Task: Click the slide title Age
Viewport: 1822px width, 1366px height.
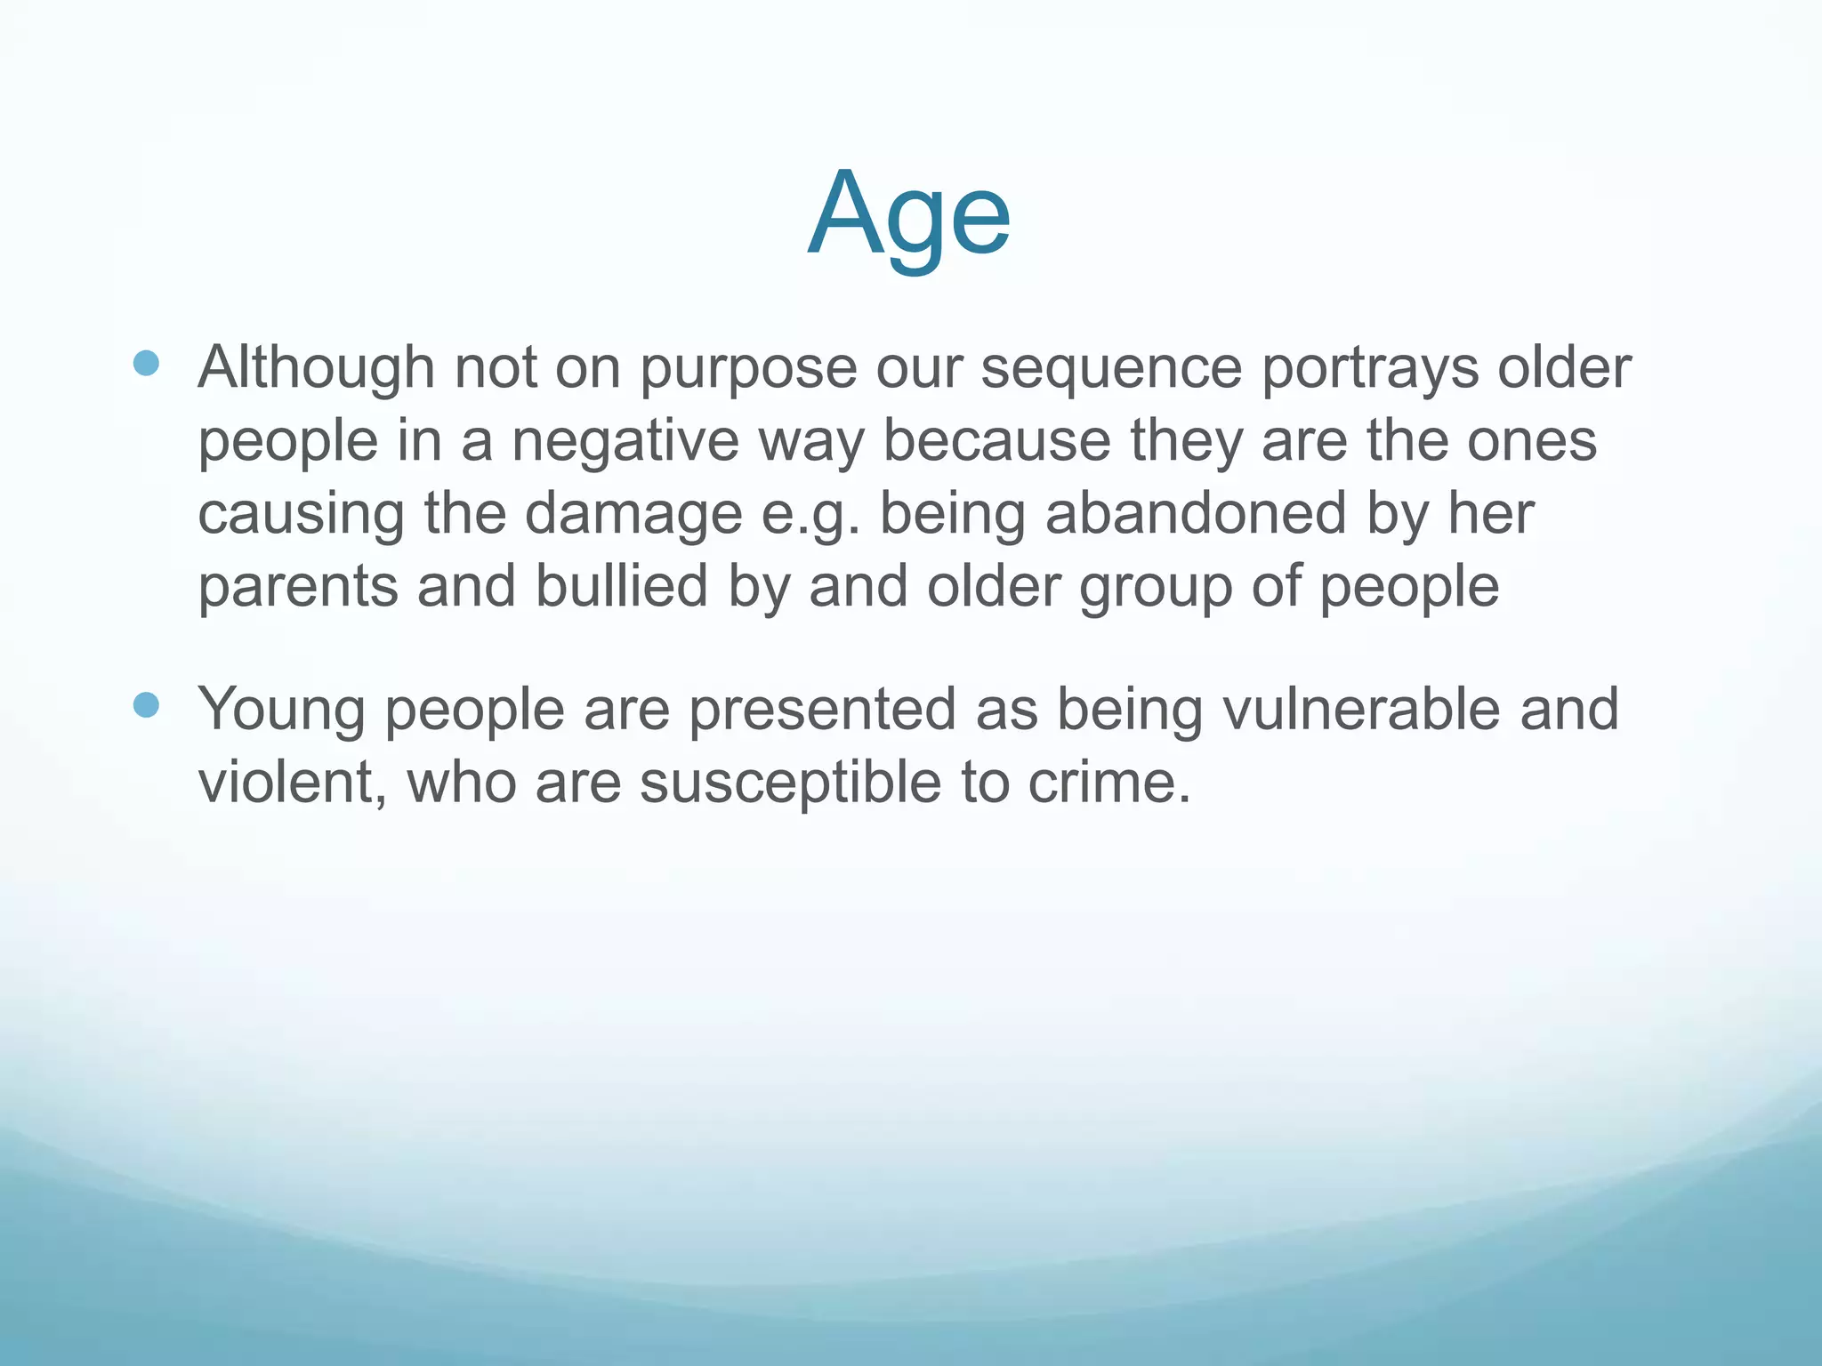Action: (x=909, y=215)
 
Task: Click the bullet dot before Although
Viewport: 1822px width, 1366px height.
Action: (x=146, y=363)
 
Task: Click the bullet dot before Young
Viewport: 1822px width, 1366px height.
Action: (x=146, y=705)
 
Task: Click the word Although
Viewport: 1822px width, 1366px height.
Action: (x=316, y=367)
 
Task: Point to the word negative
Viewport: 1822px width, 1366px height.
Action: (x=625, y=442)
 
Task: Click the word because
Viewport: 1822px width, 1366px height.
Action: (x=996, y=442)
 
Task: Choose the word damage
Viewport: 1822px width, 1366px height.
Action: (x=633, y=516)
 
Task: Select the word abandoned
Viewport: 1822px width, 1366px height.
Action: (x=1195, y=514)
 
